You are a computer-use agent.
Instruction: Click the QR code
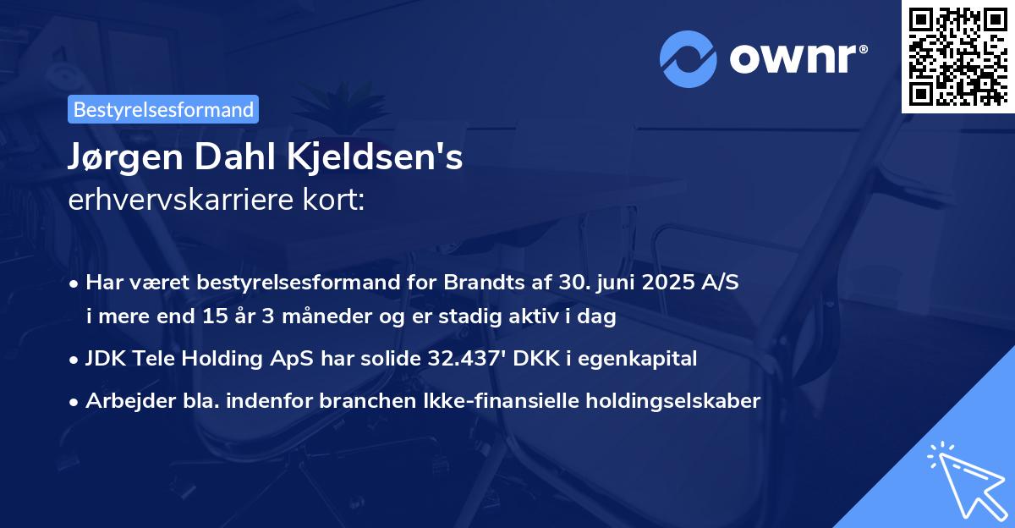pos(957,57)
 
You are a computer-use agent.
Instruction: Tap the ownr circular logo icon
pos(689,58)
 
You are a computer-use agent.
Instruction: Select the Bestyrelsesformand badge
pos(163,109)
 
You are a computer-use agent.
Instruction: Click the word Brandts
pos(479,282)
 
